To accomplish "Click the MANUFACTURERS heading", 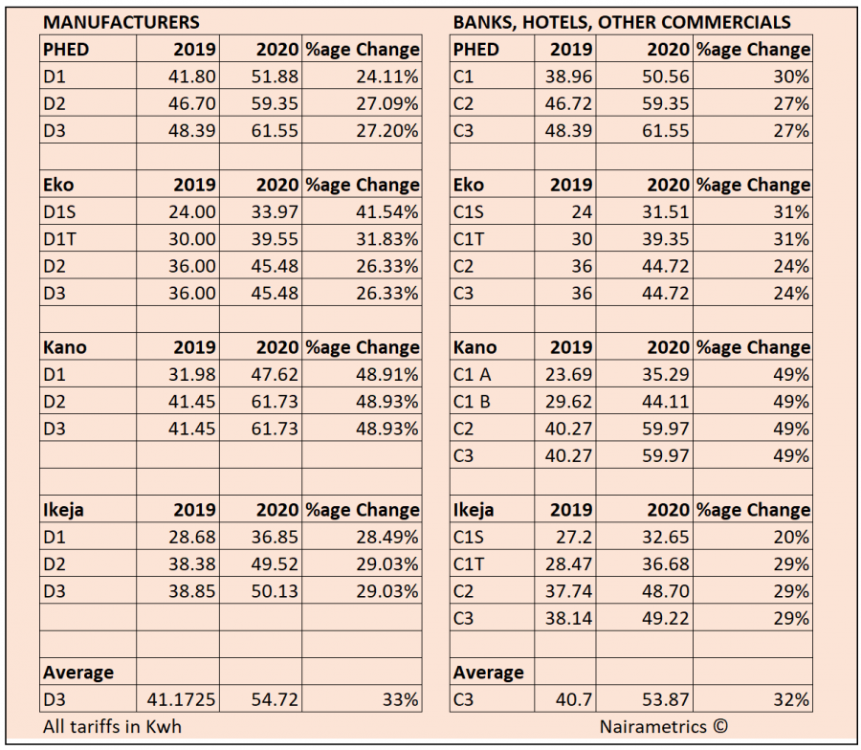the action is tap(121, 22).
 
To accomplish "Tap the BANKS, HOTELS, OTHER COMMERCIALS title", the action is tap(622, 22).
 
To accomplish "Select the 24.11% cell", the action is tap(387, 77).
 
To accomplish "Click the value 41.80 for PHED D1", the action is tap(191, 77).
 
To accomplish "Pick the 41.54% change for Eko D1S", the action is tap(387, 212).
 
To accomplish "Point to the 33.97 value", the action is tap(275, 212).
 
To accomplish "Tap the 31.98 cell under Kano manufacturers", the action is tap(191, 374).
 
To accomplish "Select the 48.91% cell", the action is tap(387, 374).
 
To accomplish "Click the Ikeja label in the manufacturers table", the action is tap(63, 510).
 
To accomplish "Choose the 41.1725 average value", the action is tap(181, 699).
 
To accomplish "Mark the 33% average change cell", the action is tap(400, 699).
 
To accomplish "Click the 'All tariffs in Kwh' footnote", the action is tap(112, 726).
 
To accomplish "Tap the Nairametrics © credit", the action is tap(663, 726).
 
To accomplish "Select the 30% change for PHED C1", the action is tap(791, 77).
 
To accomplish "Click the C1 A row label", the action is tap(473, 374).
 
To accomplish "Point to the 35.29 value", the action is tap(666, 374).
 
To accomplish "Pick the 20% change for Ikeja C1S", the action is tap(791, 537).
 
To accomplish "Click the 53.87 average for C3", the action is tap(666, 699).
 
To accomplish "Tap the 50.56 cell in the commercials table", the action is tap(666, 77).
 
